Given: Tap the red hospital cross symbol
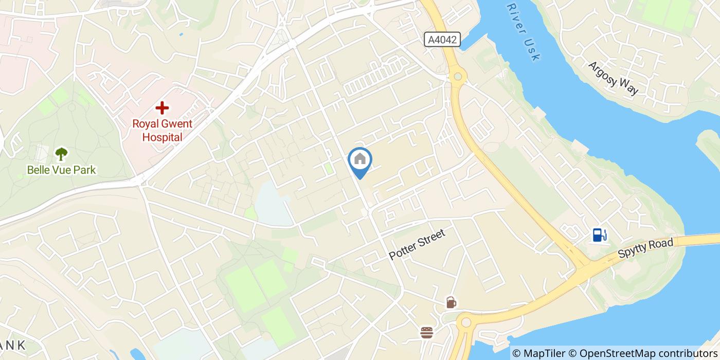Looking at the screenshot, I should (x=162, y=108).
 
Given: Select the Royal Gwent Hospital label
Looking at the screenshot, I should (x=162, y=131).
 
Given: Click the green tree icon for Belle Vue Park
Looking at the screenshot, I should (x=61, y=153).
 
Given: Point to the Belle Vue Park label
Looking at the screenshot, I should (x=61, y=170).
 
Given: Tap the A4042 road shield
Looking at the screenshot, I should (x=442, y=40).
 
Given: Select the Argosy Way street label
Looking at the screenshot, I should (x=613, y=78).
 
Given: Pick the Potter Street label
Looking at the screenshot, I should (x=417, y=244).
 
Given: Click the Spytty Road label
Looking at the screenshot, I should (x=645, y=248).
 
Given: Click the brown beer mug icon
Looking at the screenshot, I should (x=451, y=302).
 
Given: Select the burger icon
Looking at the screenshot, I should (x=426, y=332).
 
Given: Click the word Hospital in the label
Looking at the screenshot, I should (x=162, y=137).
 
